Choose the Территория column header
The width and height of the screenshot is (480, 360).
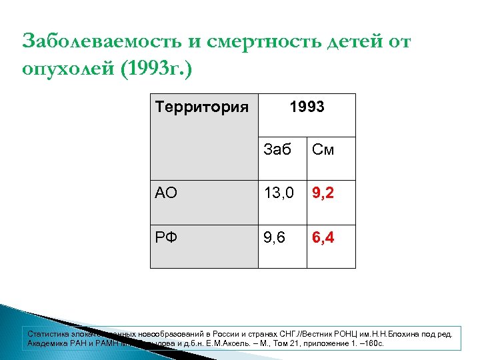click(x=202, y=107)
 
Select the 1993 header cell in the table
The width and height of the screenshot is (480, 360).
click(x=306, y=107)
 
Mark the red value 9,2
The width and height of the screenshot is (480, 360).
click(x=323, y=194)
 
